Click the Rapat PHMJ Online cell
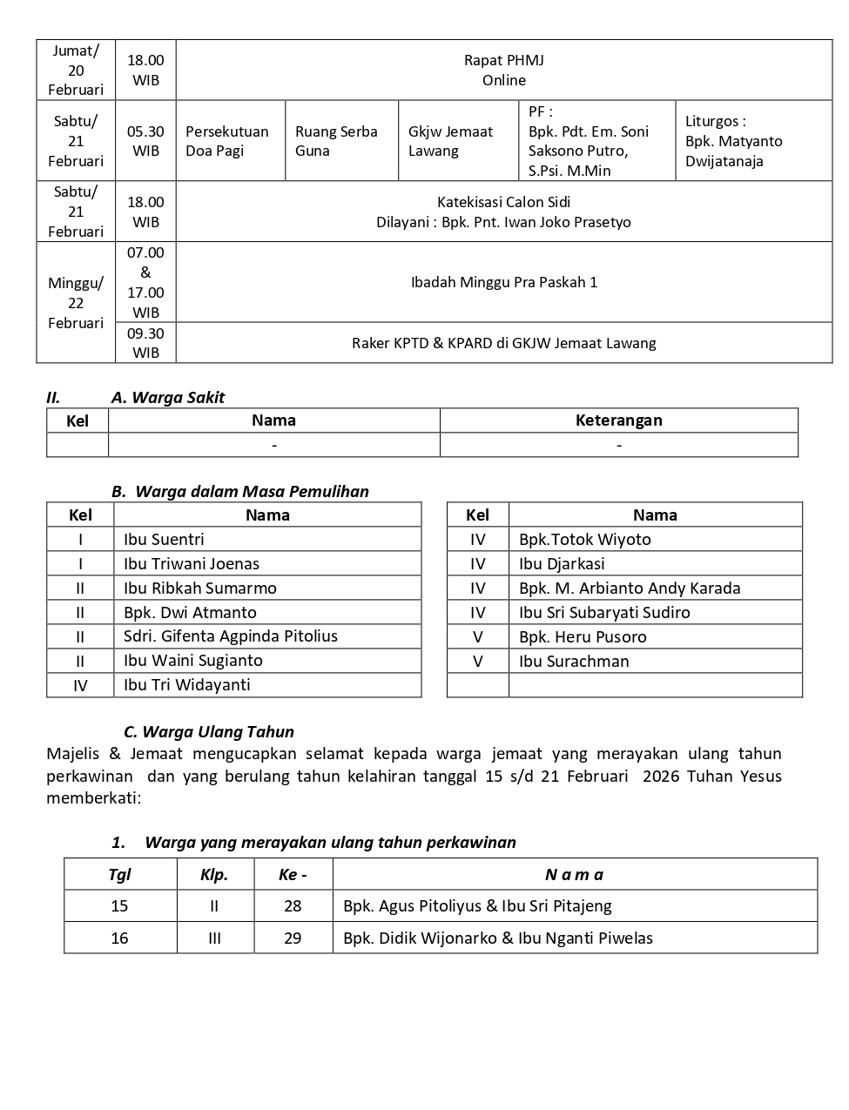(x=503, y=70)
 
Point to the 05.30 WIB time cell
(x=145, y=141)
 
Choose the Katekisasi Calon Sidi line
(x=503, y=202)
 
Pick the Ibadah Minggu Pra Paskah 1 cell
(x=503, y=282)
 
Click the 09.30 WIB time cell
(x=145, y=343)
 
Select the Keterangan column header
(x=618, y=420)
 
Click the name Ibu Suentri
(x=164, y=540)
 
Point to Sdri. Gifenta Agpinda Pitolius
(x=231, y=636)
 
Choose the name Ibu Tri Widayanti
(x=186, y=685)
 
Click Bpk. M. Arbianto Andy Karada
(x=630, y=589)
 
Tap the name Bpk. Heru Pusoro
(x=583, y=637)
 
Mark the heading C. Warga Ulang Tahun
(x=209, y=732)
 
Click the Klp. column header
(x=214, y=875)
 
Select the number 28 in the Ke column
(x=293, y=906)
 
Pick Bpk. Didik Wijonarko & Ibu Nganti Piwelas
(x=497, y=938)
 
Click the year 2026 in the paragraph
(x=662, y=777)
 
